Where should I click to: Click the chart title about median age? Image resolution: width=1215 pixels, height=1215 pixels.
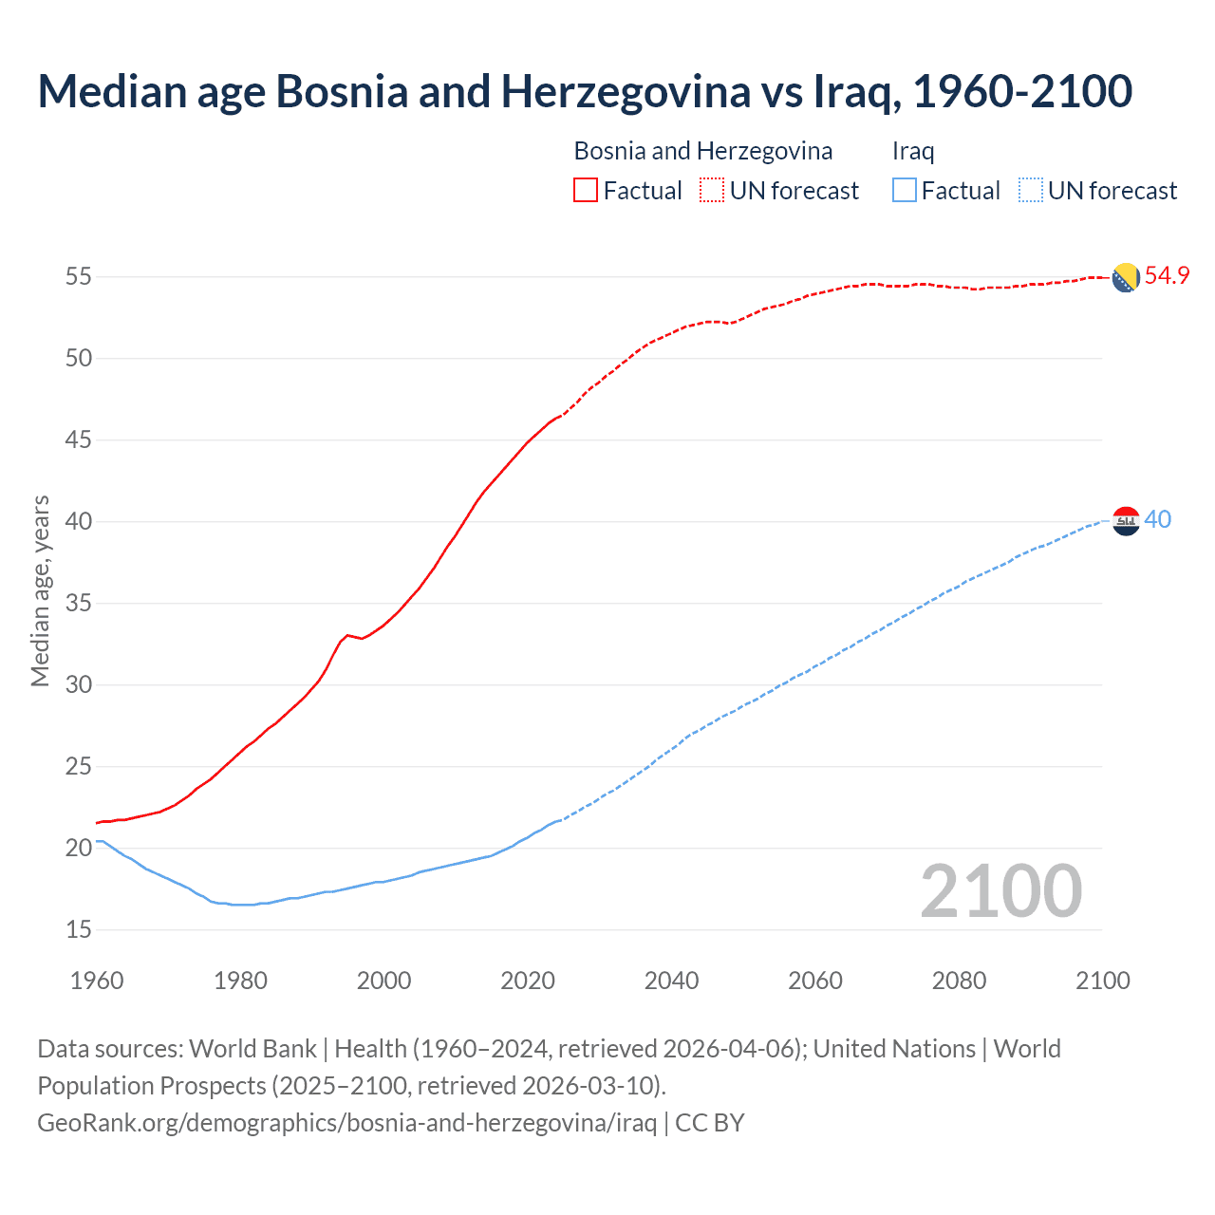point(585,91)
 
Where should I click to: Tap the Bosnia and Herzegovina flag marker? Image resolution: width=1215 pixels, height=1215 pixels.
point(1125,277)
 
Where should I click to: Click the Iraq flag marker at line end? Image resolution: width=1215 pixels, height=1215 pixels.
point(1125,521)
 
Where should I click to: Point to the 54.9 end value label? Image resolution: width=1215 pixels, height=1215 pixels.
point(1167,276)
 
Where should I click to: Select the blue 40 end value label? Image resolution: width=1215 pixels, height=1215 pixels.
point(1157,520)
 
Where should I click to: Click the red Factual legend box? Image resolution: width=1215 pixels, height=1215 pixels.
point(586,191)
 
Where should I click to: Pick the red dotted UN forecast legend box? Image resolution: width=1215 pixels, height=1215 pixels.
point(712,191)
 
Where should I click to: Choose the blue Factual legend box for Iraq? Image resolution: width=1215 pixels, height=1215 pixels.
point(905,191)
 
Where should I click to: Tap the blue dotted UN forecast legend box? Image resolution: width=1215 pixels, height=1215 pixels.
point(1030,191)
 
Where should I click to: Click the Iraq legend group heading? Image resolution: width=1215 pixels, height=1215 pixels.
point(913,151)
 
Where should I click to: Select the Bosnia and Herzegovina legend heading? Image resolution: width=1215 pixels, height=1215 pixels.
point(703,151)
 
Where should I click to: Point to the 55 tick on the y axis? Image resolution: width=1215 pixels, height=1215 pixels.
point(79,277)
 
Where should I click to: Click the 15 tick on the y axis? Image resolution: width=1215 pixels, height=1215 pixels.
point(79,930)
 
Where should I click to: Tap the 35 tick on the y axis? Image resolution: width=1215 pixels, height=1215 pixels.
point(79,604)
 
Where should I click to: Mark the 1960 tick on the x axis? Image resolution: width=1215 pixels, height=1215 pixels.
point(97,981)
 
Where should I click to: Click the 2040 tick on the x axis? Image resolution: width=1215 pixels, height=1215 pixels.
point(671,981)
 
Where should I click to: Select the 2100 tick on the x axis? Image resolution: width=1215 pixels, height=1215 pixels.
point(1102,981)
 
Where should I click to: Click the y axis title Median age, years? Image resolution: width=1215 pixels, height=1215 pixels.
point(40,590)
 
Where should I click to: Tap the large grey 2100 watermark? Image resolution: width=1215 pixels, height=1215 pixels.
point(1000,891)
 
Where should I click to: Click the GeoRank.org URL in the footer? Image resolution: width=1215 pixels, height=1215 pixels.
point(346,1123)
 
